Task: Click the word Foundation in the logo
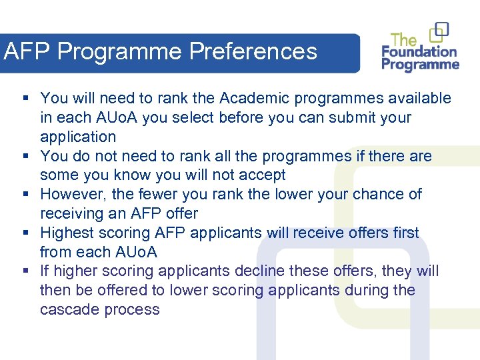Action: pos(419,51)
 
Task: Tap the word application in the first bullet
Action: pos(78,137)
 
